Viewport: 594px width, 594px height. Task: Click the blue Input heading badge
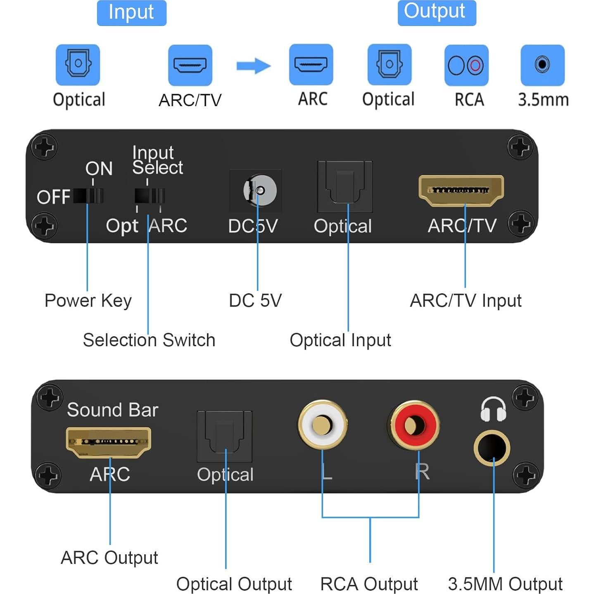(x=131, y=13)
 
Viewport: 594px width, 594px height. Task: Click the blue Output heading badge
(x=436, y=13)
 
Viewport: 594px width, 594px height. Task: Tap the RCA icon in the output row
(x=466, y=65)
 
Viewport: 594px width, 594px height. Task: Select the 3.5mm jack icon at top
(x=542, y=65)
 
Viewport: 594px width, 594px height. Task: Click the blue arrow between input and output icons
(x=253, y=66)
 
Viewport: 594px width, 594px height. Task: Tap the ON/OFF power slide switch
(x=88, y=195)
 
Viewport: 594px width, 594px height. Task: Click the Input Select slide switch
(x=150, y=195)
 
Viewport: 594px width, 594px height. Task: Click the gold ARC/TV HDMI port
(x=461, y=190)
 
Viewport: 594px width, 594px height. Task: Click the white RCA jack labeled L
(x=322, y=425)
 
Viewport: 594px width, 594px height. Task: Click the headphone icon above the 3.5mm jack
(x=493, y=409)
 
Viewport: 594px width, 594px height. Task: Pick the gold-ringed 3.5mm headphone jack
(x=492, y=448)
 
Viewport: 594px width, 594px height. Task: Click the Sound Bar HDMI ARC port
(x=109, y=442)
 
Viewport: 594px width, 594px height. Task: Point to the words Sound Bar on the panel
(x=112, y=410)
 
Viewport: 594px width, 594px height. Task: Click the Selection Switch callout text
(x=149, y=340)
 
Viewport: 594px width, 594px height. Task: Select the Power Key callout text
(x=88, y=301)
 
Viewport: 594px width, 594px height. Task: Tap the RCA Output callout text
(x=369, y=584)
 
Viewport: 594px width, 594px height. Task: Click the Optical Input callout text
(x=340, y=340)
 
